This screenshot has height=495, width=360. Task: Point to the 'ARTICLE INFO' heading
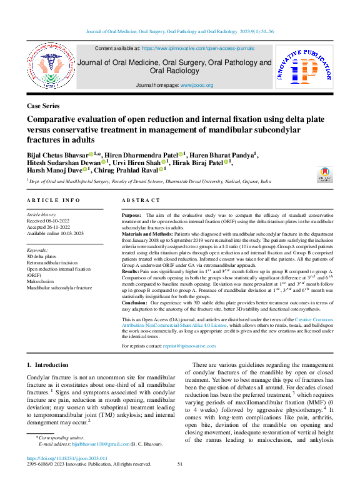click(x=53, y=200)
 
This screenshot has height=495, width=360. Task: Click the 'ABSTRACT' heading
click(x=142, y=200)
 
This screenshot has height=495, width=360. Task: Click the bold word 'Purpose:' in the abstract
click(x=131, y=215)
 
